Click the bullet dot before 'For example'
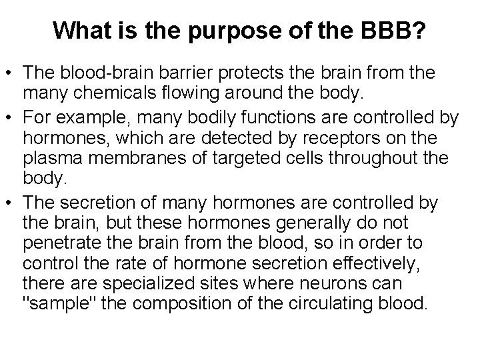point(11,119)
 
